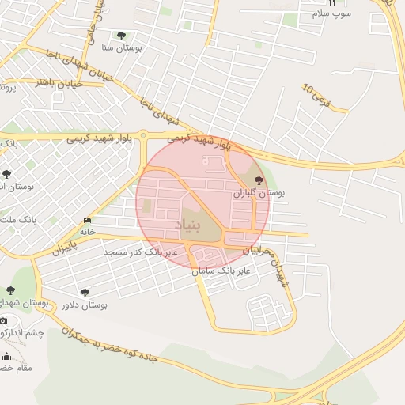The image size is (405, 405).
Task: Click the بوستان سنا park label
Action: pyautogui.click(x=120, y=48)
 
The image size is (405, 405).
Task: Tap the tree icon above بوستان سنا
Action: pyautogui.click(x=121, y=36)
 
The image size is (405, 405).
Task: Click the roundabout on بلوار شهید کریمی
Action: pyautogui.click(x=143, y=137)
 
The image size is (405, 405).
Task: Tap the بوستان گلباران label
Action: pyautogui.click(x=258, y=192)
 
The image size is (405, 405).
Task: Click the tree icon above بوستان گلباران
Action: pyautogui.click(x=259, y=180)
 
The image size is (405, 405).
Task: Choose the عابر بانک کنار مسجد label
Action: pyautogui.click(x=144, y=252)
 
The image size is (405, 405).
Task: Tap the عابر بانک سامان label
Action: pyautogui.click(x=224, y=271)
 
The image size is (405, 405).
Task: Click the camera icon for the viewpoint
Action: pyautogui.click(x=4, y=320)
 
